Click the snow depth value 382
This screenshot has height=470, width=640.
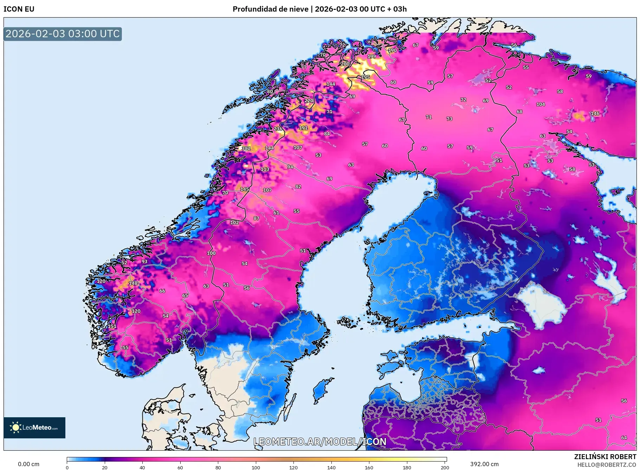point(246,148)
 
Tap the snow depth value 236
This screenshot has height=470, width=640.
point(278,129)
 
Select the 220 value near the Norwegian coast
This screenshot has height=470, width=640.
point(309,101)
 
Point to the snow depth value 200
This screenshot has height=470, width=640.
point(345,64)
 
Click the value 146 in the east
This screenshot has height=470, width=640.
point(595,113)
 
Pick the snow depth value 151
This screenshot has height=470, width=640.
point(112,326)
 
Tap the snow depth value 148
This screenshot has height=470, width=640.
point(133,283)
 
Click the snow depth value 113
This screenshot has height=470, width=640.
point(265,169)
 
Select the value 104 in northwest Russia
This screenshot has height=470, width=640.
point(541,104)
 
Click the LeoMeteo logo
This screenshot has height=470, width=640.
point(34,427)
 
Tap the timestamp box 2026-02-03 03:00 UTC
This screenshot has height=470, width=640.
point(63,34)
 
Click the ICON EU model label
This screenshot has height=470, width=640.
point(19,9)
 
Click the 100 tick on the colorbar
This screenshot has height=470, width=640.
point(256,468)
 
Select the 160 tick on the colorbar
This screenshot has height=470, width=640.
point(369,468)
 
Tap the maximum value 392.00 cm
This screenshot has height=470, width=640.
point(484,464)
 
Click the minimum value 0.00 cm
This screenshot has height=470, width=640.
point(28,464)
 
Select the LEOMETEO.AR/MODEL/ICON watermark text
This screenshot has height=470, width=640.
point(320,442)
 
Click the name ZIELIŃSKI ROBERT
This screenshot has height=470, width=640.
point(605,457)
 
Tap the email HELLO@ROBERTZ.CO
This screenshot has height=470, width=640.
point(607,465)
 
